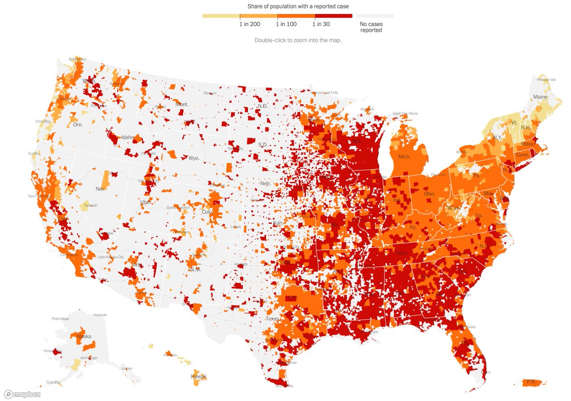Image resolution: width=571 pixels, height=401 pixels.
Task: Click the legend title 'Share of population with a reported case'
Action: pyautogui.click(x=297, y=6)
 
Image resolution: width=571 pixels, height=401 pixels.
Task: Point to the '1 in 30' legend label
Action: pyautogui.click(x=321, y=24)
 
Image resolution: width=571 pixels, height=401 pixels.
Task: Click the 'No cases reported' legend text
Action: pyautogui.click(x=371, y=27)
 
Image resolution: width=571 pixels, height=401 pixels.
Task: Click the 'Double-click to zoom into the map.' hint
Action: pyautogui.click(x=298, y=40)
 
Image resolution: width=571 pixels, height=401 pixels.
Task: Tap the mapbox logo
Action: pyautogui.click(x=22, y=394)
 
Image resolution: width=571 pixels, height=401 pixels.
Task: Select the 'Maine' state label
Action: pyautogui.click(x=540, y=97)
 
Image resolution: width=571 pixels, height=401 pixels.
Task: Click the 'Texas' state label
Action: pyautogui.click(x=273, y=319)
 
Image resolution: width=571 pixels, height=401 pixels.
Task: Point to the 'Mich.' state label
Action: pyautogui.click(x=404, y=156)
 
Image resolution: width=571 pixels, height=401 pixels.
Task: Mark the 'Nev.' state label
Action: pyautogui.click(x=100, y=189)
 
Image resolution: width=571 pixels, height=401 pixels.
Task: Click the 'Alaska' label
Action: pyautogui.click(x=83, y=336)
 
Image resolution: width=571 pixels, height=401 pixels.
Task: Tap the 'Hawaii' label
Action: pyautogui.click(x=198, y=377)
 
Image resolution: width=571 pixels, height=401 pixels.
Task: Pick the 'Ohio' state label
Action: pyautogui.click(x=429, y=194)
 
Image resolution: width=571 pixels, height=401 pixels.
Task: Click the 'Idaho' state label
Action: pyautogui.click(x=128, y=137)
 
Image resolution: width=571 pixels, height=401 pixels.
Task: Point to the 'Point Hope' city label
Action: pyautogui.click(x=61, y=319)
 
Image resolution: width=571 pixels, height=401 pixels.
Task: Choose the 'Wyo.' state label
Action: pyautogui.click(x=194, y=158)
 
